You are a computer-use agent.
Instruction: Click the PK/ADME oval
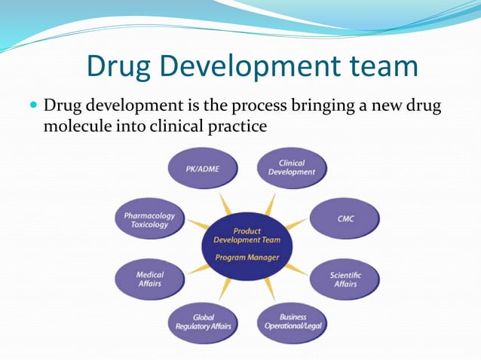[x=203, y=169]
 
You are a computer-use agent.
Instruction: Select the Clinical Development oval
[x=292, y=167]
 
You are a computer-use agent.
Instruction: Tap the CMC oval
[x=345, y=219]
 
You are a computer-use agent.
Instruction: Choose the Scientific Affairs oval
[x=345, y=279]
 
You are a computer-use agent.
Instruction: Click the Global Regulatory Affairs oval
[x=203, y=322]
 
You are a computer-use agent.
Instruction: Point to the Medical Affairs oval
[x=149, y=279]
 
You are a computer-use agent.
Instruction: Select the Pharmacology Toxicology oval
[x=149, y=219]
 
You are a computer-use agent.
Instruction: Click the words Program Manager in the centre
[x=247, y=258]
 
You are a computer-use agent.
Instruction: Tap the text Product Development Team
[x=247, y=236]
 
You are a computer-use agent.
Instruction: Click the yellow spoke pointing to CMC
[x=297, y=224]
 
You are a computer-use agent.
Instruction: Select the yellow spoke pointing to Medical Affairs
[x=198, y=269]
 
